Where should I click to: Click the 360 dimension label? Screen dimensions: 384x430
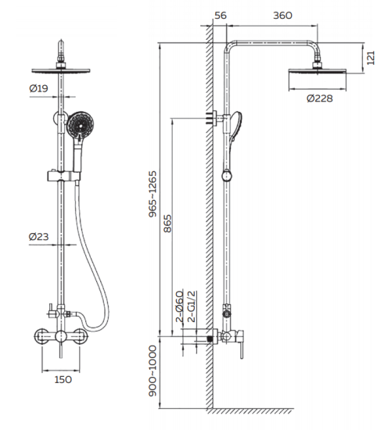(x=282, y=16)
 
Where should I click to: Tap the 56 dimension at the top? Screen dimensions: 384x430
(x=221, y=16)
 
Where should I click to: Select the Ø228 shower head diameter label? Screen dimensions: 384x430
(x=320, y=99)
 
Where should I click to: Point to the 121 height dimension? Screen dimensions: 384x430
(x=371, y=58)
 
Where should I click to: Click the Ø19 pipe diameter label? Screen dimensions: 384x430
(x=38, y=88)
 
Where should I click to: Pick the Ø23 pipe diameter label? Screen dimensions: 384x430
(x=38, y=236)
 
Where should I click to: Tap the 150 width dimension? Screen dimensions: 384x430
(x=63, y=379)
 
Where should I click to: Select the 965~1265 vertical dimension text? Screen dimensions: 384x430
(x=153, y=194)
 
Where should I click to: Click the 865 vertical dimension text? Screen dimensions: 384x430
(x=167, y=224)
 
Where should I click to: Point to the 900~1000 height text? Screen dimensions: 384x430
(x=153, y=371)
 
